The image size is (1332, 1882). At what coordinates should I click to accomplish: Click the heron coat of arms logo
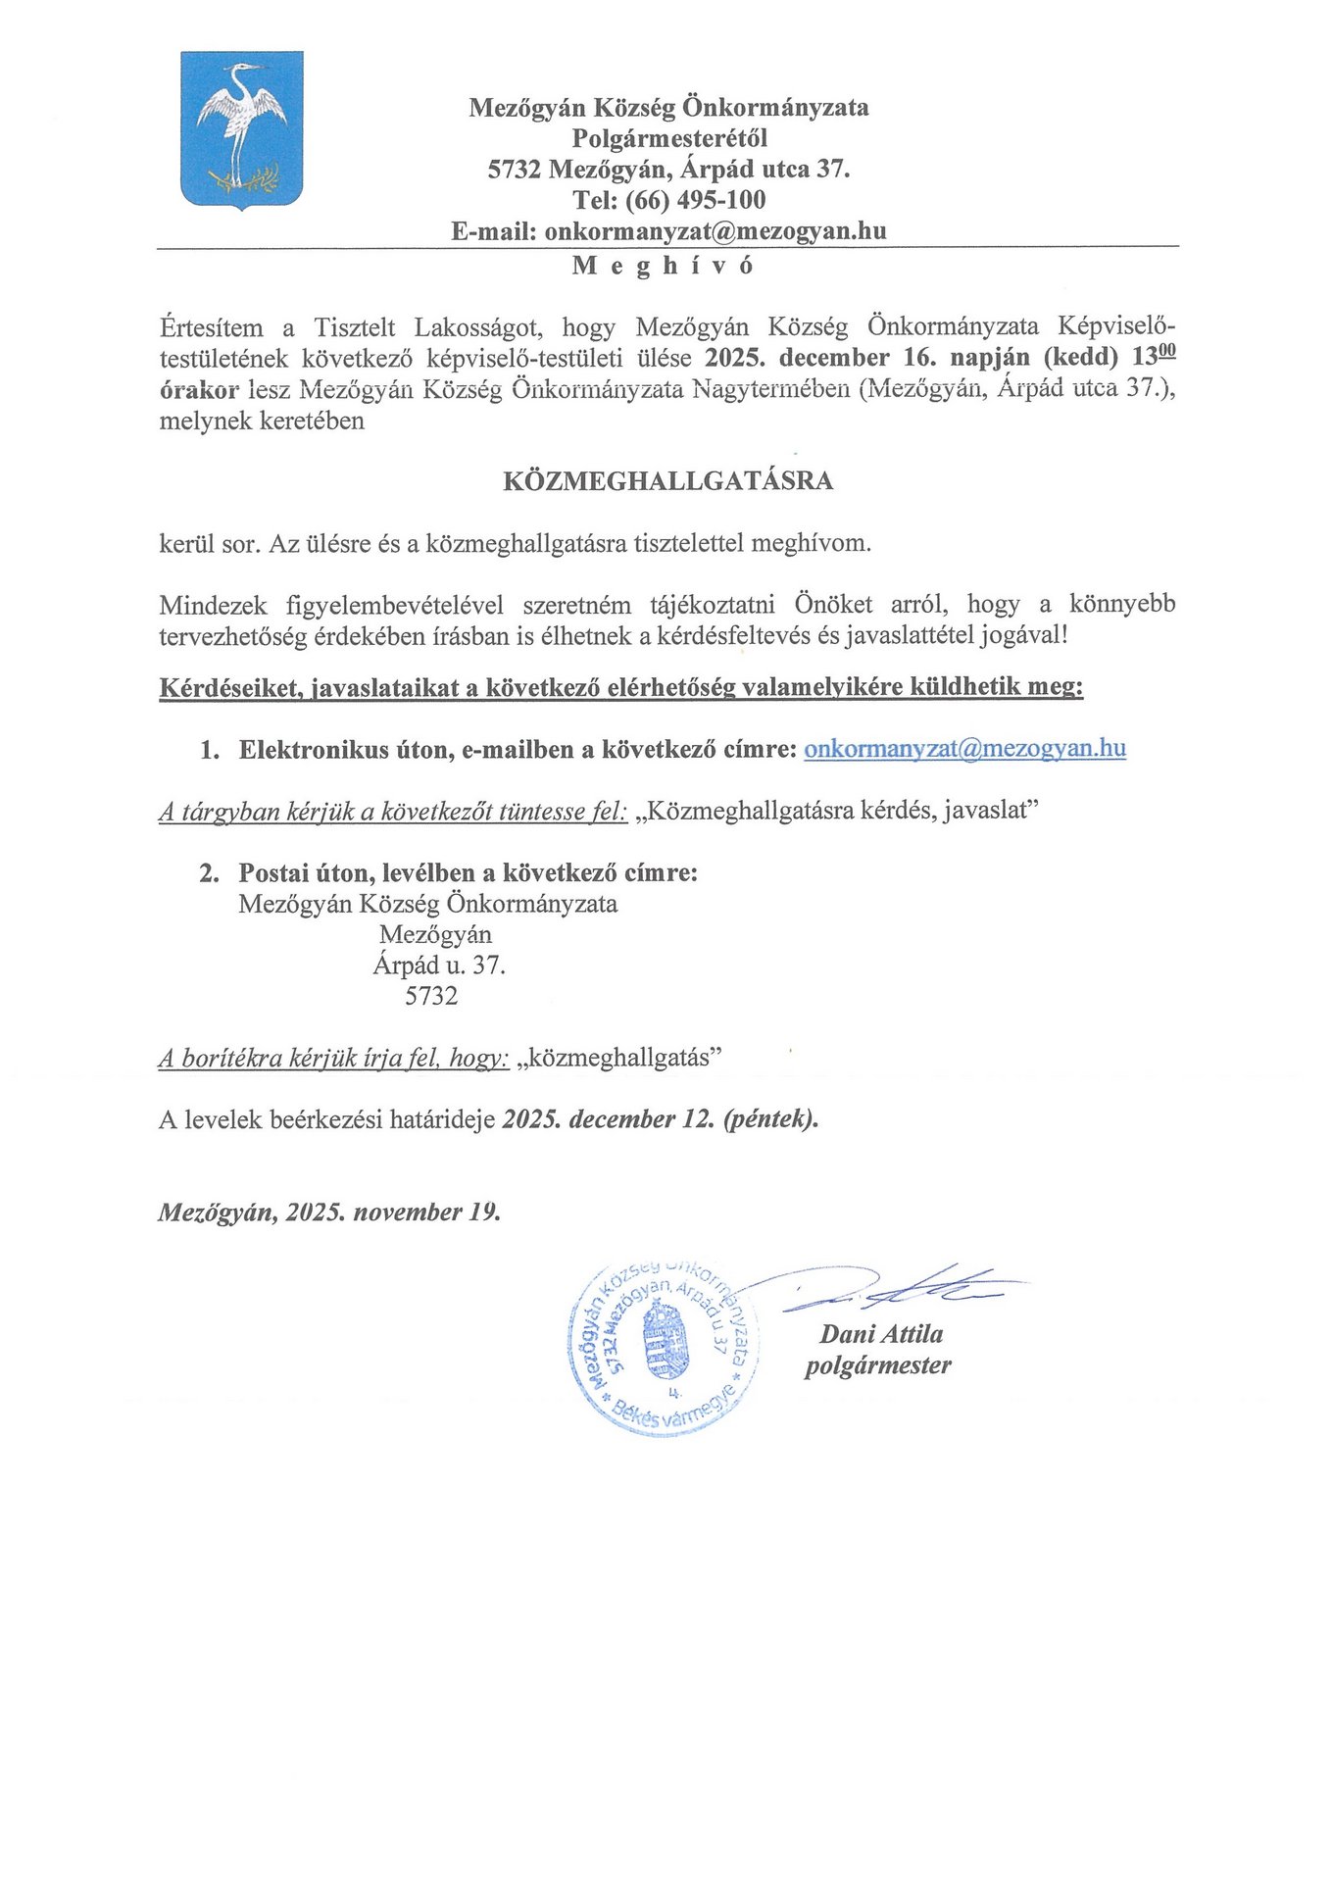pyautogui.click(x=242, y=130)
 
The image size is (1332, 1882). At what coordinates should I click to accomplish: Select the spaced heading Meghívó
pyautogui.click(x=664, y=266)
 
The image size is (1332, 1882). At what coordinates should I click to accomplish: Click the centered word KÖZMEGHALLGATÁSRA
pyautogui.click(x=667, y=481)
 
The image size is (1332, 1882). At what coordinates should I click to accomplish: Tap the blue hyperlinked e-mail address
pyautogui.click(x=964, y=749)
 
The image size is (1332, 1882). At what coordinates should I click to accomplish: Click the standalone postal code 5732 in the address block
pyautogui.click(x=431, y=997)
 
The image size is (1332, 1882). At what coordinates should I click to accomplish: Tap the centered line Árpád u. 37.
pyautogui.click(x=439, y=966)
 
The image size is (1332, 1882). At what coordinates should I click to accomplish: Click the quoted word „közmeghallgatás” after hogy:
pyautogui.click(x=623, y=1059)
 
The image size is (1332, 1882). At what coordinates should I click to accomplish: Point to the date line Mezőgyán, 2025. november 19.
pyautogui.click(x=329, y=1213)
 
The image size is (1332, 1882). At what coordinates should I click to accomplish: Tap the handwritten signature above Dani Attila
pyautogui.click(x=902, y=1291)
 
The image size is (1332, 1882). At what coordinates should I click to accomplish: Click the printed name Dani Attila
pyautogui.click(x=881, y=1334)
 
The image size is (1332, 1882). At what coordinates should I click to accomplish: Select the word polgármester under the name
pyautogui.click(x=878, y=1365)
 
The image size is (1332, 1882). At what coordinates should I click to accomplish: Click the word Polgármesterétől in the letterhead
pyautogui.click(x=669, y=138)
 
